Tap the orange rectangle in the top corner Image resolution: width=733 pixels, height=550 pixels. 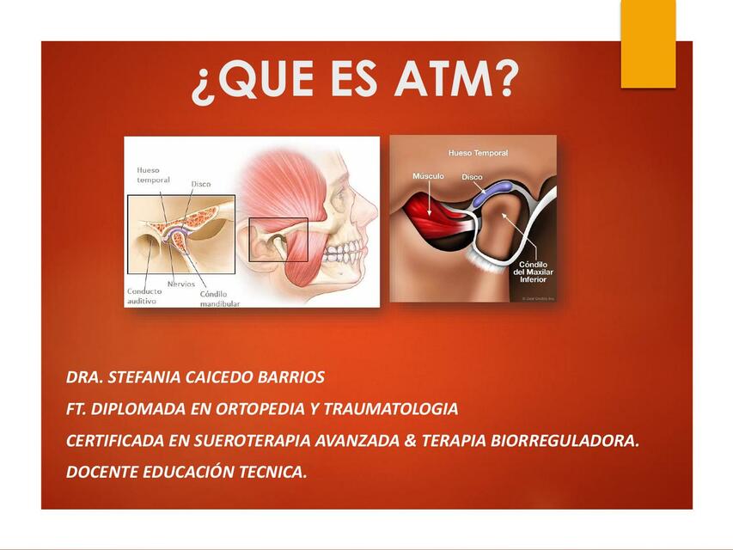click(x=648, y=43)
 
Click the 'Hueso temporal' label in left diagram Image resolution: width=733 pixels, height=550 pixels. click(x=153, y=175)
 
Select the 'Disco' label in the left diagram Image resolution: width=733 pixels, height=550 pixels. click(x=200, y=184)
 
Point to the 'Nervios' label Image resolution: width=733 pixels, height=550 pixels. click(x=180, y=284)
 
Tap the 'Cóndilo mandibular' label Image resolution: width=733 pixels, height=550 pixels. click(x=219, y=299)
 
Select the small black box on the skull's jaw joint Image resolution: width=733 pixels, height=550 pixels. click(x=278, y=240)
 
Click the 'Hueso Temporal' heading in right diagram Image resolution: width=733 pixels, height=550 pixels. click(x=478, y=153)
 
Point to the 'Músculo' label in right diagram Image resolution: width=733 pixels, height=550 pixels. click(x=428, y=176)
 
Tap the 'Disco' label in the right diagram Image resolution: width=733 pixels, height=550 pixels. click(x=472, y=177)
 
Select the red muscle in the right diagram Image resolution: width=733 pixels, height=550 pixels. click(x=429, y=215)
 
